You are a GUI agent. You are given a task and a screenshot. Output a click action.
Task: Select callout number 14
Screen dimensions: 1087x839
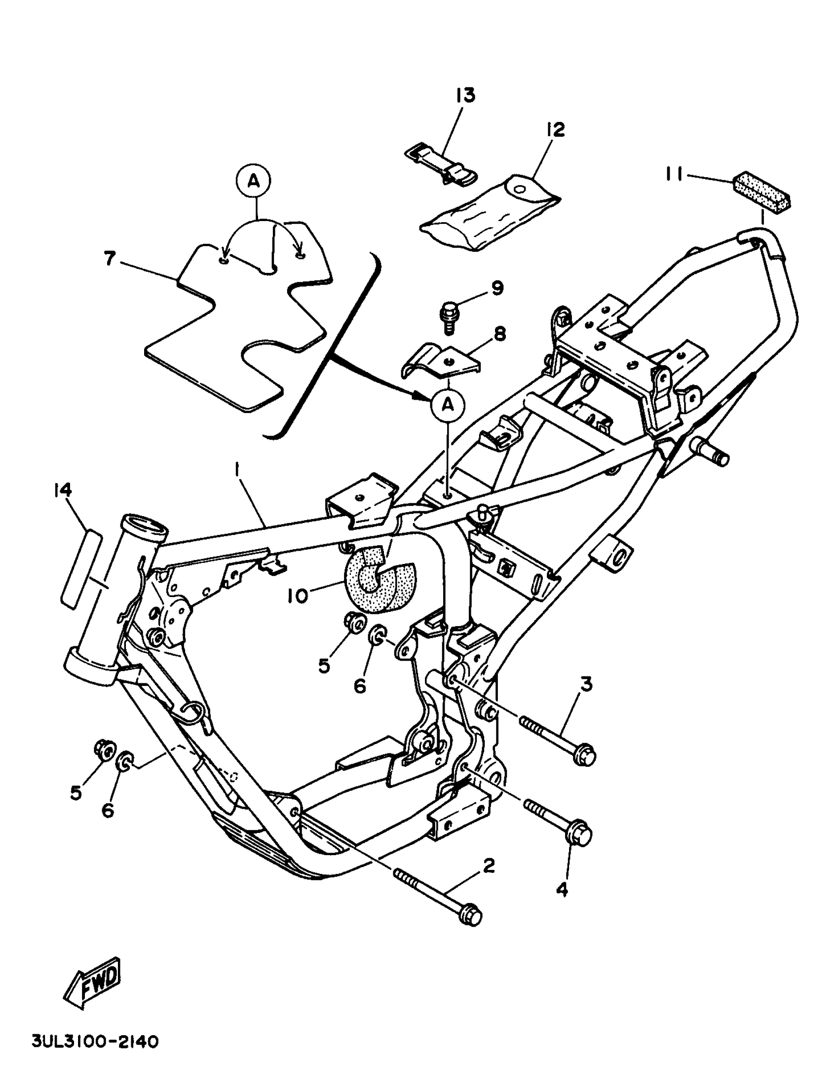click(x=63, y=491)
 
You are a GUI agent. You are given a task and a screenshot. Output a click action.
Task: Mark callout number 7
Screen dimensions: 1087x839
click(x=110, y=259)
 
